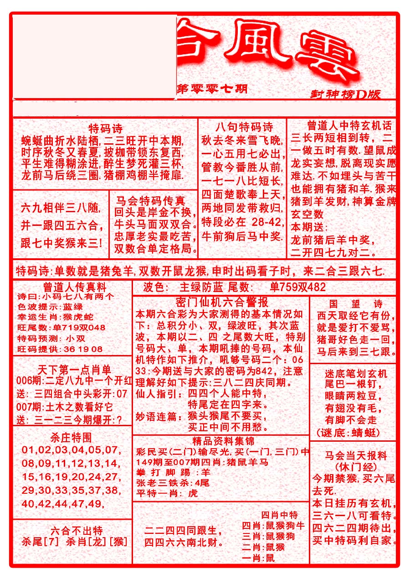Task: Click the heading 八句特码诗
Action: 244,127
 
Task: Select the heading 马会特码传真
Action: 150,201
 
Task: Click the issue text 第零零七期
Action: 212,89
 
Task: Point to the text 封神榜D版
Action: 345,94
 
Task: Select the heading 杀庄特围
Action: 72,438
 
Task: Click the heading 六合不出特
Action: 77,531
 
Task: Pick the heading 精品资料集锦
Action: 223,441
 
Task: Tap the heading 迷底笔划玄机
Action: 356,374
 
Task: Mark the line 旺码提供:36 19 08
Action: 60,349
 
